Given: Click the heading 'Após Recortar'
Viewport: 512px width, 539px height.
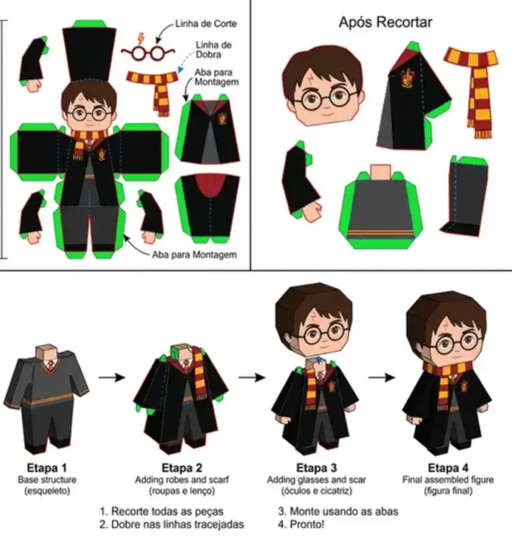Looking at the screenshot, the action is pos(385,22).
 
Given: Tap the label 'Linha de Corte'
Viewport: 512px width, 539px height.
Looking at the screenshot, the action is pos(206,24).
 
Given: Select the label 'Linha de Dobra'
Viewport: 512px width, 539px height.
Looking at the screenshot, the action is pos(213,49).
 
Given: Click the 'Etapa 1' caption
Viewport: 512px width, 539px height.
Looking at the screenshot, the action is pos(46,468).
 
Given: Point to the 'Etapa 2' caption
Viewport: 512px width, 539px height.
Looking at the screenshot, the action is pos(182,468).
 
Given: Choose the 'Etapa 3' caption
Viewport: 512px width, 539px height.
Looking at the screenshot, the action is pos(316,468).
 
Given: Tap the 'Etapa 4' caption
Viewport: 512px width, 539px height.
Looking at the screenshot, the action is pos(448,468).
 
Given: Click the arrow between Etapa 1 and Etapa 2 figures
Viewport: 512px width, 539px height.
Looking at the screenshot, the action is pos(112,377).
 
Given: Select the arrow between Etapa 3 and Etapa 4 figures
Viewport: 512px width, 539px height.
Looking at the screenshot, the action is pos(381,377).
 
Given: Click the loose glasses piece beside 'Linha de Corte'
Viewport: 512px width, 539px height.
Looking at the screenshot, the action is pos(148,52).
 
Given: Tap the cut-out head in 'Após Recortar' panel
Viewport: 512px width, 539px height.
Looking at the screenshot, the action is pos(323,86).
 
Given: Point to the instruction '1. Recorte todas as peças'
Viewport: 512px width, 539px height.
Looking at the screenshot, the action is pos(161,511).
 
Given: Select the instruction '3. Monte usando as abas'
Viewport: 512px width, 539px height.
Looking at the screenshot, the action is pos(338,511).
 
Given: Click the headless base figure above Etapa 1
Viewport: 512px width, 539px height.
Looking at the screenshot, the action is pos(46,397).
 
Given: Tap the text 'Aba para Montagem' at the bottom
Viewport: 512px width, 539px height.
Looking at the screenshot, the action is pos(194,255).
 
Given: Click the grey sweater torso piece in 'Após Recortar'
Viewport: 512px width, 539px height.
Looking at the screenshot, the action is pos(380,206).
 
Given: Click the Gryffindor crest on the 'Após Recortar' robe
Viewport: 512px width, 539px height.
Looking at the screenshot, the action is pos(406,77).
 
